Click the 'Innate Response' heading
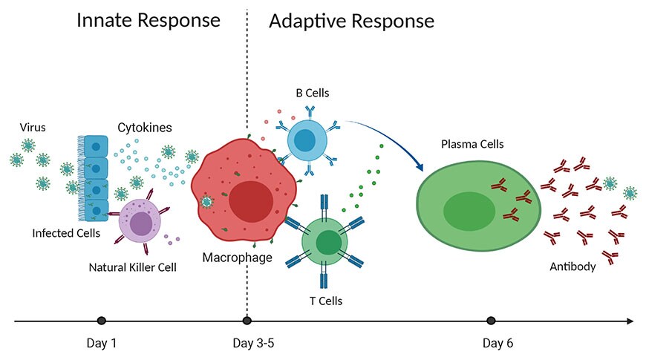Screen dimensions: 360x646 (149, 20)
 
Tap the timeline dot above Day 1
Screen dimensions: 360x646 (102, 321)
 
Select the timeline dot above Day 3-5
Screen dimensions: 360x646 (247, 321)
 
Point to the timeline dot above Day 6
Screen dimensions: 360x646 (491, 321)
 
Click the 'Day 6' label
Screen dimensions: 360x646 (497, 344)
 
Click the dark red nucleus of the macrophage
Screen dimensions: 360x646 (250, 201)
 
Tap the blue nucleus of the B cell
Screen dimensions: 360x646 (304, 140)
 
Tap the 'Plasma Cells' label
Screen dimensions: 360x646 (472, 144)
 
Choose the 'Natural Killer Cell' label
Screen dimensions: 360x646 (132, 266)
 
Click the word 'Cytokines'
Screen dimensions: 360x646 (145, 128)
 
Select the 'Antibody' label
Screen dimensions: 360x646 (572, 266)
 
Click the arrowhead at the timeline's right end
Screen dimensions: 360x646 (630, 321)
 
